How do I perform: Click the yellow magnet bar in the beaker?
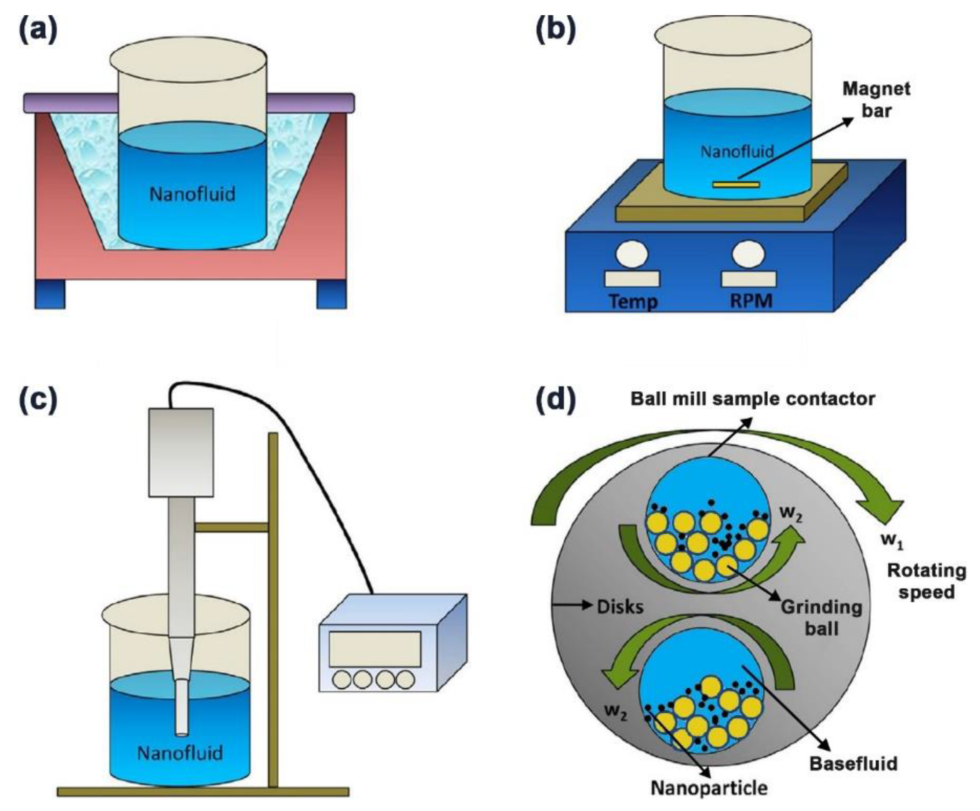pyautogui.click(x=736, y=185)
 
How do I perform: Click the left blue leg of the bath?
pyautogui.click(x=50, y=294)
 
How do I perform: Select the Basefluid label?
pyautogui.click(x=853, y=763)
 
